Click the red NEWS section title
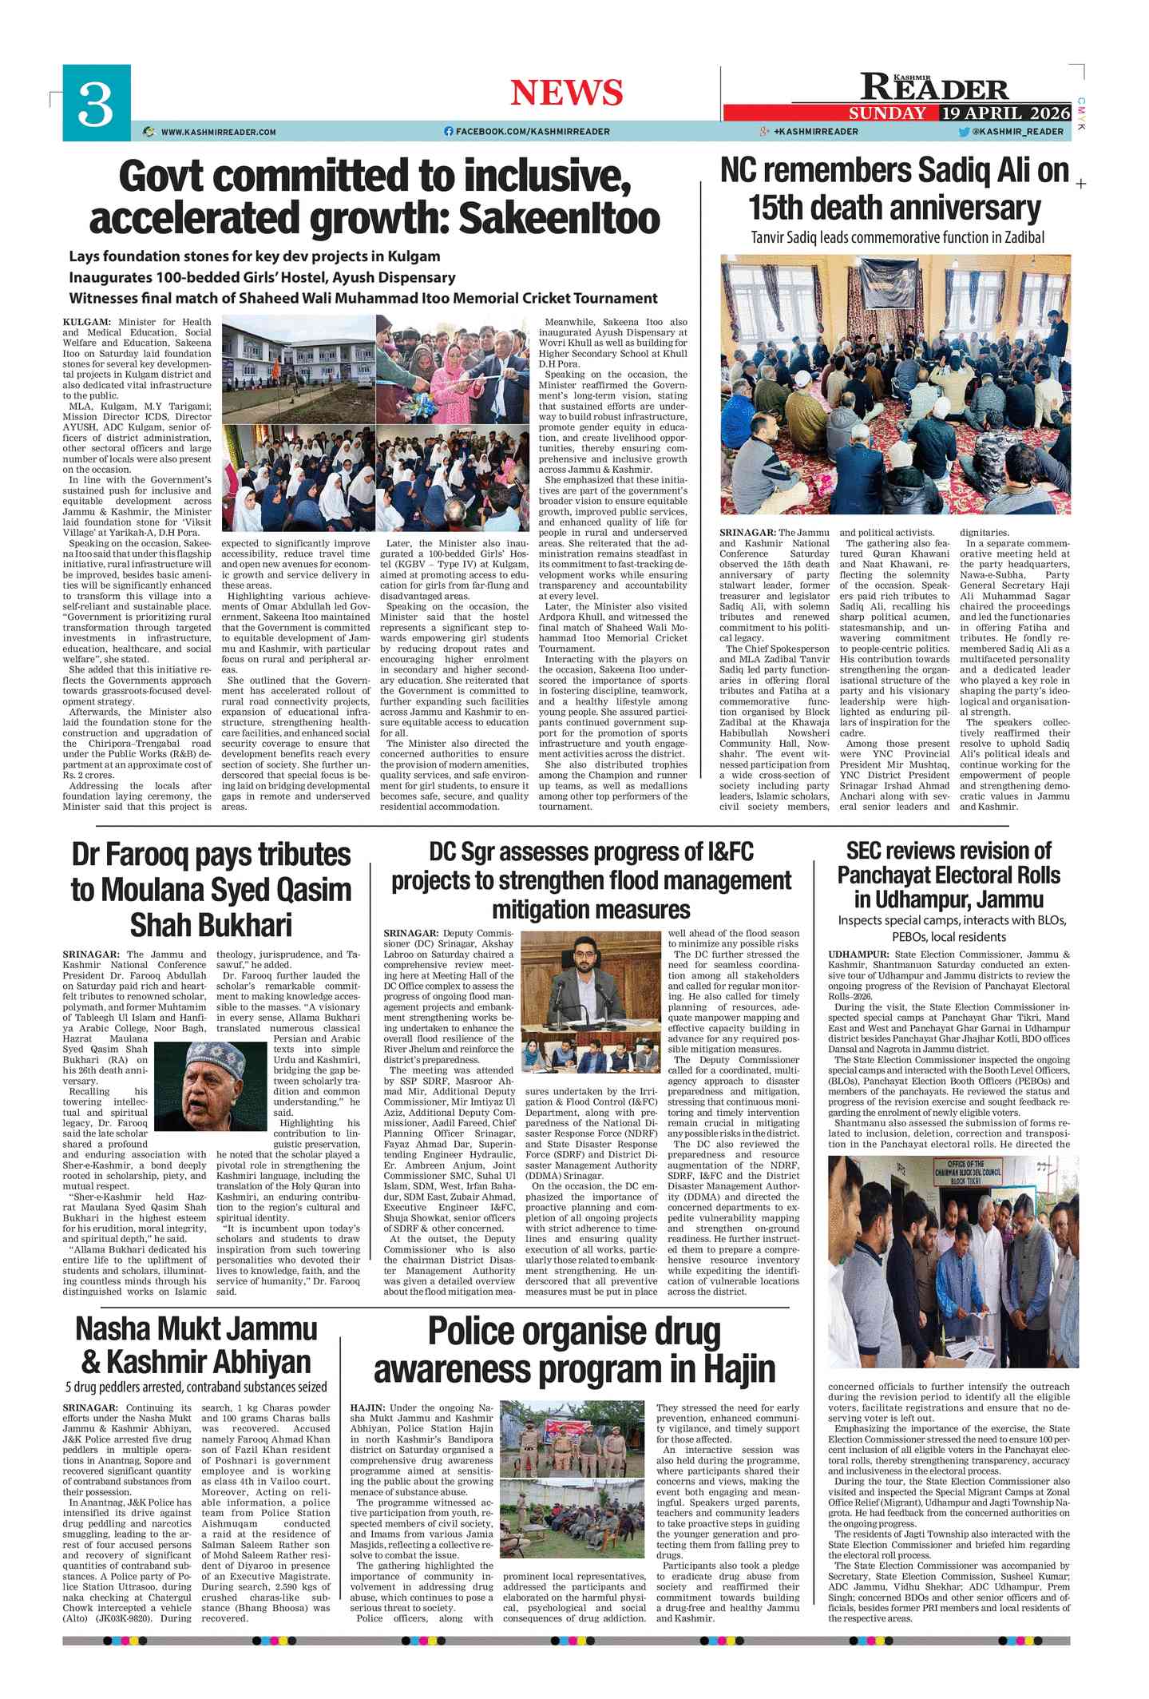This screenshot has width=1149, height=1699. click(x=566, y=93)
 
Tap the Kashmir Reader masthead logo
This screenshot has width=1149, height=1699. click(x=934, y=87)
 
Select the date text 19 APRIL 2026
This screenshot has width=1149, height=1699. click(x=1004, y=113)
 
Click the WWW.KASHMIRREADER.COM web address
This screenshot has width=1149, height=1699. click(x=218, y=132)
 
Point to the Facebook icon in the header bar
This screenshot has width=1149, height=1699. click(x=448, y=131)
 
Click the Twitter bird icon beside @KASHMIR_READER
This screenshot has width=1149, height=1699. click(x=964, y=131)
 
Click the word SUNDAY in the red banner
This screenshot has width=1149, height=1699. click(x=887, y=113)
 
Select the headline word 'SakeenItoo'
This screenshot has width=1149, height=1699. click(x=561, y=218)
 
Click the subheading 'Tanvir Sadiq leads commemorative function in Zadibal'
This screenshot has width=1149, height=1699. click(x=897, y=237)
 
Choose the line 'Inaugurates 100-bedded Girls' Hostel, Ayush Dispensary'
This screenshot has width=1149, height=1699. click(x=262, y=277)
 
